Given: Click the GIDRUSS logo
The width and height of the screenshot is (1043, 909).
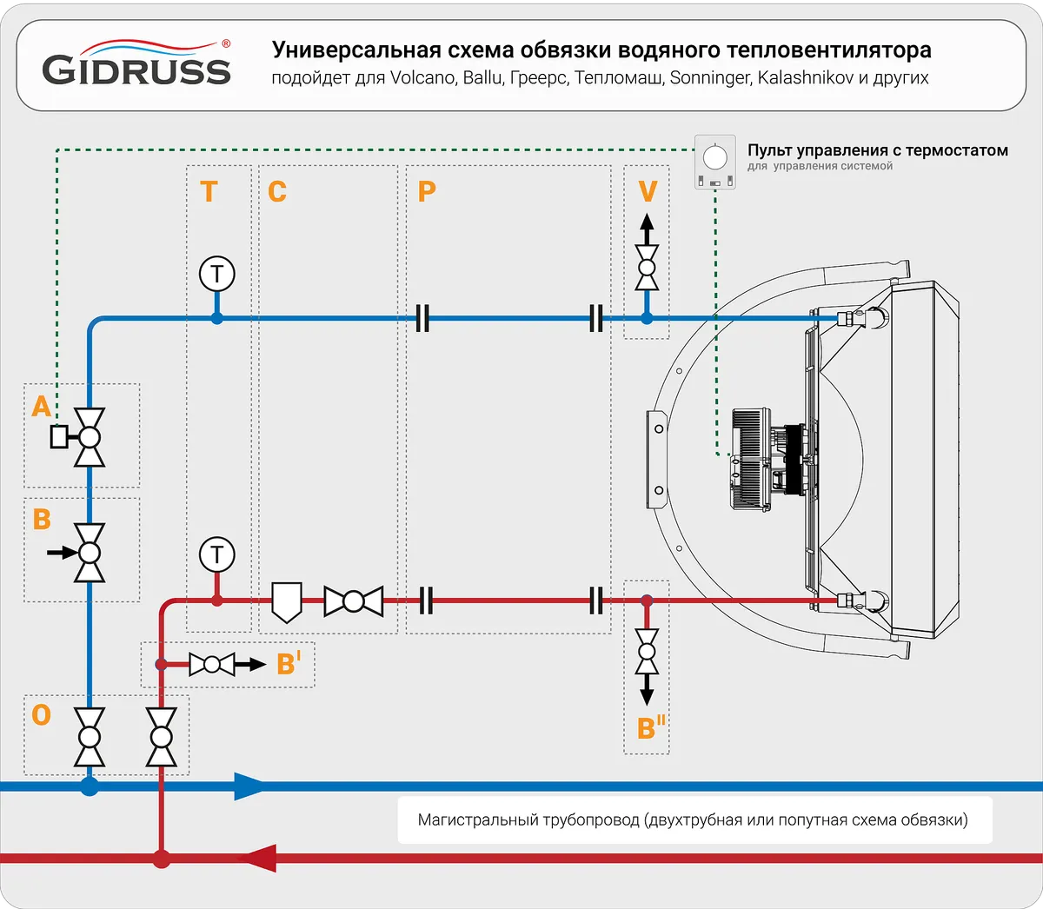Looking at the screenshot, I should (x=136, y=64).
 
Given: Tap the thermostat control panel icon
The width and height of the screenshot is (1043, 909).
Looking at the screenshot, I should (x=714, y=162).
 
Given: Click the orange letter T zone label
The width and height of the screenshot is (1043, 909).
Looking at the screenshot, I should (x=209, y=191).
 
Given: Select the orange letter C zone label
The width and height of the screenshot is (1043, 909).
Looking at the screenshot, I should (x=277, y=191).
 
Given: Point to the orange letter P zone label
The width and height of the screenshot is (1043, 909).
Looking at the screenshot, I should (x=426, y=191).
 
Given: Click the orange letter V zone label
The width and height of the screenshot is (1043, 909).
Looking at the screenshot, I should (x=648, y=191).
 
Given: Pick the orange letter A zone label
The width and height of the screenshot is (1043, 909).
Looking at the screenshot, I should (x=41, y=406).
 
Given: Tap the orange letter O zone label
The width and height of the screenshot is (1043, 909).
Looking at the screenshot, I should (x=41, y=715).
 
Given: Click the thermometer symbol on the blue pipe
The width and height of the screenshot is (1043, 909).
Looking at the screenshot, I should (x=216, y=275).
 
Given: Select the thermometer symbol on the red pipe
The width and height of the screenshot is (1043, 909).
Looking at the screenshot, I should (x=216, y=554).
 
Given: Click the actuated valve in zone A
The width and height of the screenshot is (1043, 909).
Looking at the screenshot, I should (x=88, y=437).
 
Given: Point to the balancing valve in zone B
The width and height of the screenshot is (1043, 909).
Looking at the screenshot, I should (x=89, y=553).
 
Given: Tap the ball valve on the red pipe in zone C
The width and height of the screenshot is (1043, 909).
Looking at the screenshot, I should (x=353, y=601).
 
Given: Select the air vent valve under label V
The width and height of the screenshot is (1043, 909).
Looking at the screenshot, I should (x=647, y=268).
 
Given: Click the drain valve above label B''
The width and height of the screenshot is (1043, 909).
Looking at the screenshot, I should (x=647, y=652).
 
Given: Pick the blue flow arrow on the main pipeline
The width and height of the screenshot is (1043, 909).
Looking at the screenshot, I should (x=249, y=787).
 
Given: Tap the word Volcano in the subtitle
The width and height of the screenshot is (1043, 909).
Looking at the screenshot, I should (x=422, y=78).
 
